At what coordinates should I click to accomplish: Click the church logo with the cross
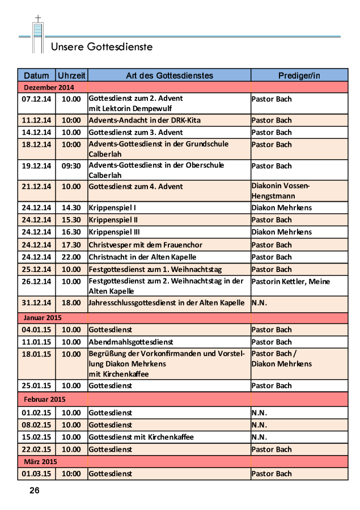(38, 35)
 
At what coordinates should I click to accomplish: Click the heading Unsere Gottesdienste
(101, 46)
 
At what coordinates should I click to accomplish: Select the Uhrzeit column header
(71, 75)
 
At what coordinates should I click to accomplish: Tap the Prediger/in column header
(299, 75)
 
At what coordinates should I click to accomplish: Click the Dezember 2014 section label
(49, 87)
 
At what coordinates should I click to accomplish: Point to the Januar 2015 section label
(43, 317)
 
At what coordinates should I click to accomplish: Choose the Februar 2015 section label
(45, 399)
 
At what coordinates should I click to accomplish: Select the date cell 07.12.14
(36, 99)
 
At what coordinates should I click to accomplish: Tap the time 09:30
(71, 165)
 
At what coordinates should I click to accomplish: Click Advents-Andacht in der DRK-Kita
(145, 120)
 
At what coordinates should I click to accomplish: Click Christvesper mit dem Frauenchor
(145, 245)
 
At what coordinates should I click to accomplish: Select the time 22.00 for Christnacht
(71, 257)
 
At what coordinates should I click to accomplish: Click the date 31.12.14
(36, 303)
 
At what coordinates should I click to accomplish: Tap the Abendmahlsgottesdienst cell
(130, 342)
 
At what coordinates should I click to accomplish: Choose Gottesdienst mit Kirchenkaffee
(141, 437)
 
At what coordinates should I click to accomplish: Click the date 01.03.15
(36, 474)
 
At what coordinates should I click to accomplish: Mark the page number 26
(35, 491)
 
